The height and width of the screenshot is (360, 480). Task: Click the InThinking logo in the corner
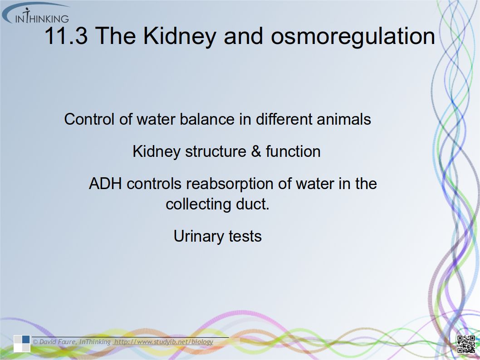[x=36, y=13]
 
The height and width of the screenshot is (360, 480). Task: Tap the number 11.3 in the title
[x=66, y=36]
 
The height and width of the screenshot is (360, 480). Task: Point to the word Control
[x=89, y=119]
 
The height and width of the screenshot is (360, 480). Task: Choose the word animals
[x=344, y=119]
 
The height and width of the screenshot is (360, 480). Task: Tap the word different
[x=284, y=119]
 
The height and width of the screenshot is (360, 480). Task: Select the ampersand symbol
[x=256, y=151]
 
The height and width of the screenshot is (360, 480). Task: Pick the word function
[x=293, y=151]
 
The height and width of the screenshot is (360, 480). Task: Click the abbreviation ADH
[x=105, y=184]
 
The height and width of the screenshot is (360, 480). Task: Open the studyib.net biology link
[x=163, y=342]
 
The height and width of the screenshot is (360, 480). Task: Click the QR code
[x=466, y=344]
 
